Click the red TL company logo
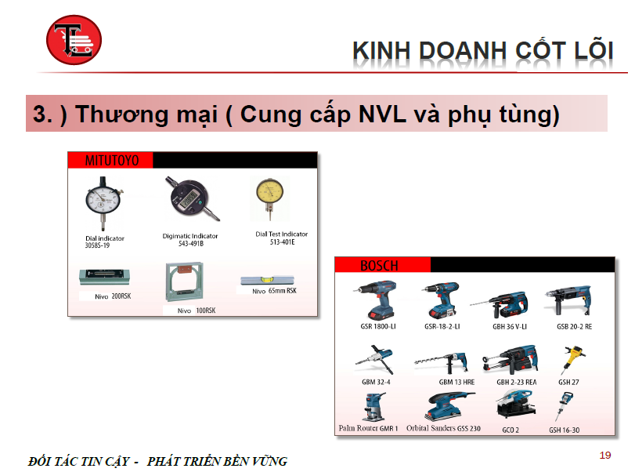coord(74,40)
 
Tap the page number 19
coord(605,456)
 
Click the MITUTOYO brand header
coord(112,161)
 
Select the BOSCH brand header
coord(379,266)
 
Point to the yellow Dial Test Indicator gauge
coord(269,198)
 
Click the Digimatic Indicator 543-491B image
coord(191,198)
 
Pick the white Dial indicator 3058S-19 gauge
coord(103,203)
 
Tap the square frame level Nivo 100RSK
coord(184,281)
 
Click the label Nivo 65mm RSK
coord(274,291)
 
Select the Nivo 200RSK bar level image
coord(104,277)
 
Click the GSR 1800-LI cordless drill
coord(376,300)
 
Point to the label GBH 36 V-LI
coord(510,326)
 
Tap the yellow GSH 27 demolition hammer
coord(572,359)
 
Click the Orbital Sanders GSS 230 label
coord(443,428)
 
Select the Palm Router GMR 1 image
coord(373,407)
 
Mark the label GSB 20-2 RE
coord(574,326)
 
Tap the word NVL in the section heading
coord(382,114)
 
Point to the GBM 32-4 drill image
coord(374,359)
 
